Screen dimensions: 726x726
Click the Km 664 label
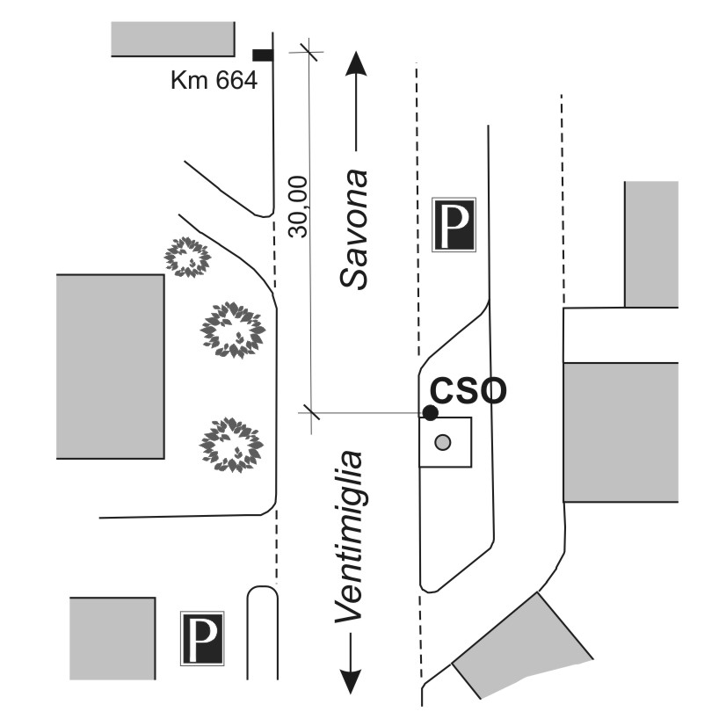click(214, 82)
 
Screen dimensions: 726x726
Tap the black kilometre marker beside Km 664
click(262, 55)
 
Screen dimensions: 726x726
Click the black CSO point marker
click(430, 412)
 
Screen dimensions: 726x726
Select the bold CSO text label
click(468, 390)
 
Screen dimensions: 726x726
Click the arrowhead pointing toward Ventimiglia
click(350, 680)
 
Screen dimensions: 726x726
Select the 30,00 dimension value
click(299, 207)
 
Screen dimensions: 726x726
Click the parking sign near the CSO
click(454, 225)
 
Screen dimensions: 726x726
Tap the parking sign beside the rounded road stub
click(202, 637)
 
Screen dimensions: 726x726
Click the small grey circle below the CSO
click(444, 441)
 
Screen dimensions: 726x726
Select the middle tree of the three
click(233, 330)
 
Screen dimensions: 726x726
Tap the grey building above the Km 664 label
click(173, 39)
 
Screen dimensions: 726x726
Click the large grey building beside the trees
click(110, 366)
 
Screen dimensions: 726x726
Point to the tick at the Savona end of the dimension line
click(307, 50)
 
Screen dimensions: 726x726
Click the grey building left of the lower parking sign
click(113, 637)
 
